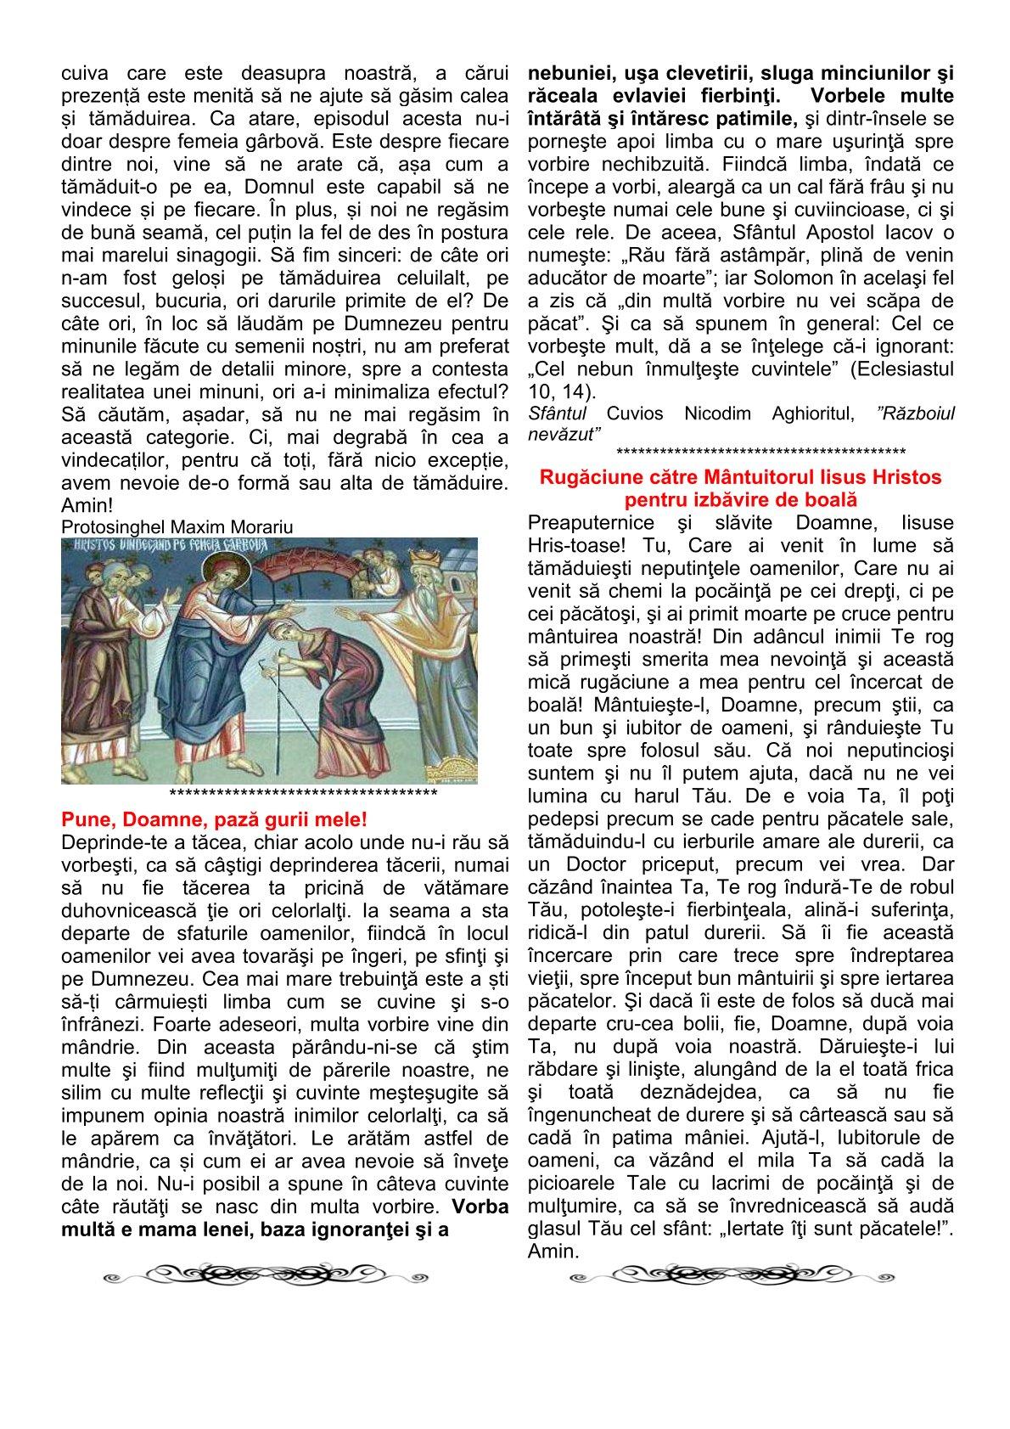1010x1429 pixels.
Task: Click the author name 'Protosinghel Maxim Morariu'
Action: coord(177,527)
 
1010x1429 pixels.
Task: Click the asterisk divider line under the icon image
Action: coord(303,795)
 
